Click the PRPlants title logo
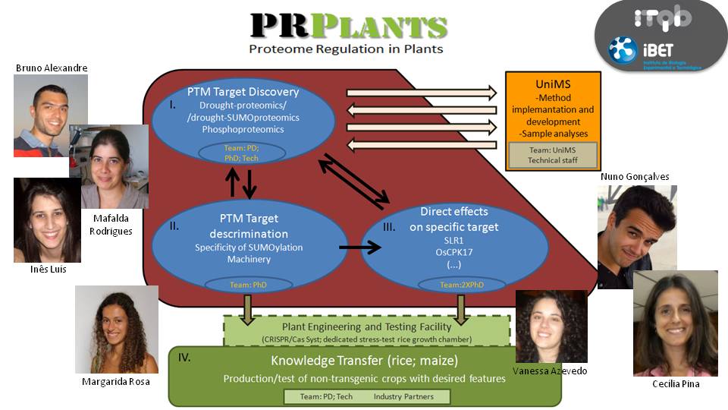point(349,26)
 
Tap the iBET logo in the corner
point(655,52)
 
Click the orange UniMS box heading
point(553,84)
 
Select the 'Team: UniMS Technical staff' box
point(553,155)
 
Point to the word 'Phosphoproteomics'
point(242,129)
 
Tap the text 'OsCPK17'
point(453,252)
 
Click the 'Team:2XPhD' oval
point(453,285)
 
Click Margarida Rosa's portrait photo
point(116,330)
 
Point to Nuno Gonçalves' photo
point(636,235)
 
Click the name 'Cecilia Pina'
point(675,384)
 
